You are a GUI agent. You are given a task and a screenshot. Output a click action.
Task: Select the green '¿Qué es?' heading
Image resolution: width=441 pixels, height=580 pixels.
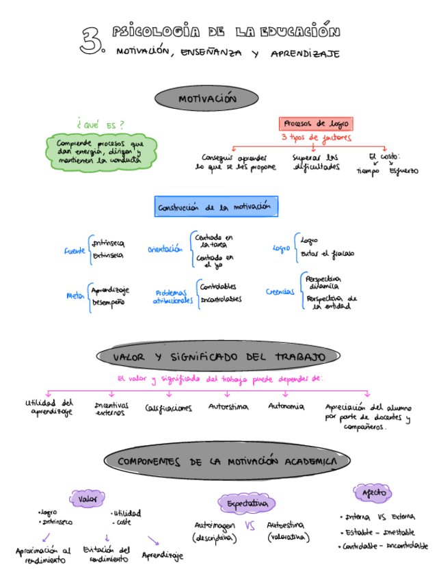(101, 125)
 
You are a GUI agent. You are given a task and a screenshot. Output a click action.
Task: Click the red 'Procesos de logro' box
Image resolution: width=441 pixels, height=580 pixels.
(316, 124)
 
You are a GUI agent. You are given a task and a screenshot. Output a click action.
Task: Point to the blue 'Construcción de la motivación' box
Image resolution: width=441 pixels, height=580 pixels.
(215, 207)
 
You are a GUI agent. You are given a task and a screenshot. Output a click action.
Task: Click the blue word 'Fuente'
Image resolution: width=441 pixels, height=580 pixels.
(75, 251)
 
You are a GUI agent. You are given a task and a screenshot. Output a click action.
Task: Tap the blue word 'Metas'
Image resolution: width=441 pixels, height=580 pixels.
(75, 295)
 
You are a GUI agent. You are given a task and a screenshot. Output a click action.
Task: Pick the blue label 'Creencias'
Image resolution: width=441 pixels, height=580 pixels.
(281, 292)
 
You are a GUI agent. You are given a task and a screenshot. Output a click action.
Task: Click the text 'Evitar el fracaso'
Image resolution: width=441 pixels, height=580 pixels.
(328, 254)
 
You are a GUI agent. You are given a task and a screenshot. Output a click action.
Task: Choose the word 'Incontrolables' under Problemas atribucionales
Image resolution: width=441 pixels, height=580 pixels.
(221, 300)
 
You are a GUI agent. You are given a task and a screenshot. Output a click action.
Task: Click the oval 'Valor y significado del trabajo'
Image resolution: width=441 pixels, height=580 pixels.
(218, 357)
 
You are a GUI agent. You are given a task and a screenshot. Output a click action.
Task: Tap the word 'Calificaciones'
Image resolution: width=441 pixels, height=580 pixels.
(168, 408)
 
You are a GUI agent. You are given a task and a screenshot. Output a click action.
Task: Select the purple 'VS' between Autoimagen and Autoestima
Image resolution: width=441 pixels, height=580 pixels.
(250, 526)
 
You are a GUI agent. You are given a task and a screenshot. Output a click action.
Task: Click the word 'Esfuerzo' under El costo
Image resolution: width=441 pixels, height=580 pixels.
(404, 171)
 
